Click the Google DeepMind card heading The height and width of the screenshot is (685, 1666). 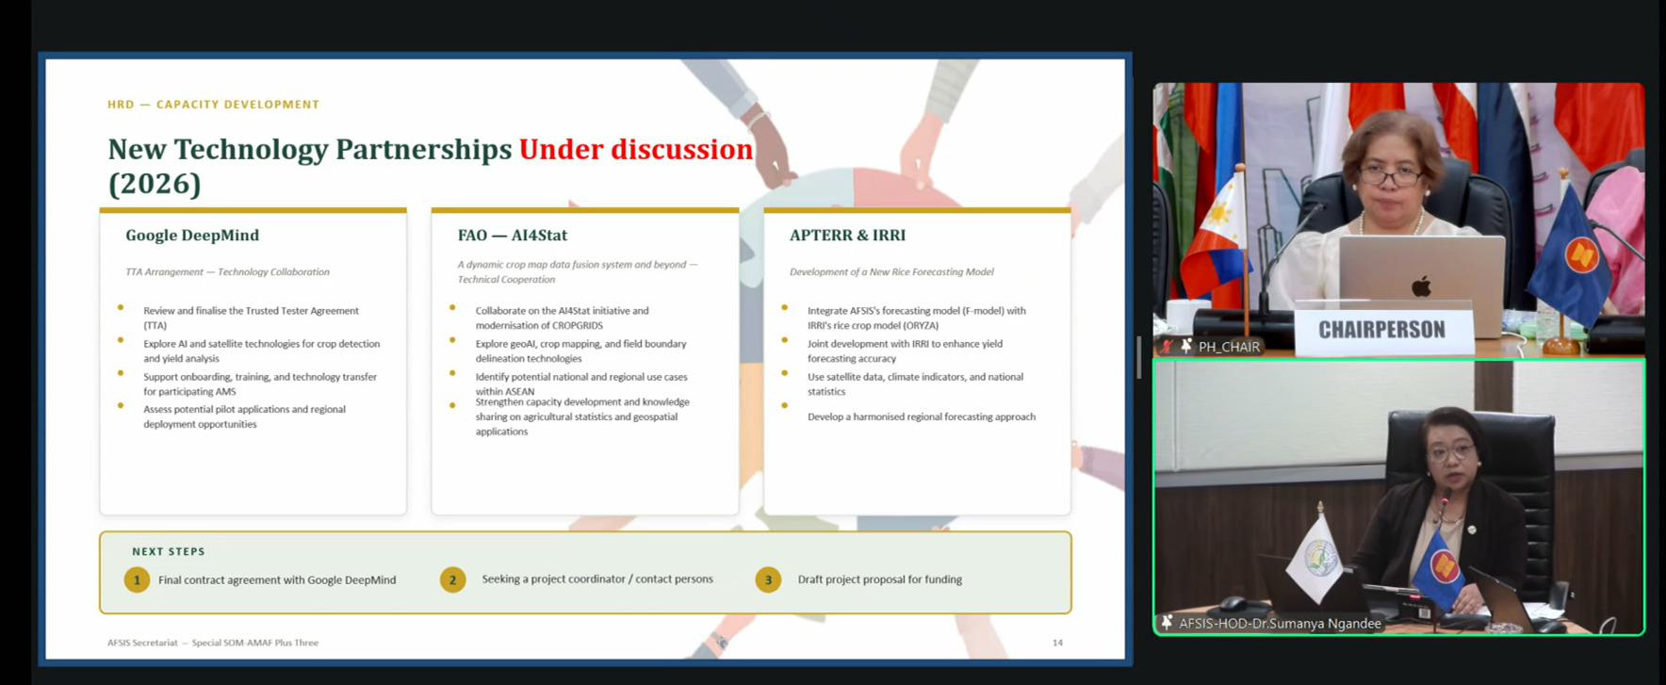pos(192,236)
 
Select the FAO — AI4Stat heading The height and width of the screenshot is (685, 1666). pos(513,236)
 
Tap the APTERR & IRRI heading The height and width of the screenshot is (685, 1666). pos(847,236)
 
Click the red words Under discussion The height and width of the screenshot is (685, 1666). pos(636,149)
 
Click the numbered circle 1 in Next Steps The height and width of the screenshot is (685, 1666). pos(137,579)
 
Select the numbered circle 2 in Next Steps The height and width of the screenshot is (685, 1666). pos(452,579)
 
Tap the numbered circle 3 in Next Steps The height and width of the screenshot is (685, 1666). pos(768,579)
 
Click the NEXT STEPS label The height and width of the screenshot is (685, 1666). pos(169,551)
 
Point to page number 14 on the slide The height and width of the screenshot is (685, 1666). pos(1057,643)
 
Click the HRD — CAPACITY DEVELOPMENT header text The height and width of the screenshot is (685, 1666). pos(213,105)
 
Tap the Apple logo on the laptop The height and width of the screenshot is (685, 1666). pos(1421,285)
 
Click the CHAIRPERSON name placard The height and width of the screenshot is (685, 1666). pos(1381,330)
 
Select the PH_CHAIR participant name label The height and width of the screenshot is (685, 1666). pos(1229,347)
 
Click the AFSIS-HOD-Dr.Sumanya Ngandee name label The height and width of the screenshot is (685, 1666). pos(1280,624)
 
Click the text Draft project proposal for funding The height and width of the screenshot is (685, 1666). pos(880,579)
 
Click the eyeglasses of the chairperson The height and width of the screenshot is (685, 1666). pos(1390,175)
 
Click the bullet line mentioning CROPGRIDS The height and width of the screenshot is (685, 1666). pos(562,318)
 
